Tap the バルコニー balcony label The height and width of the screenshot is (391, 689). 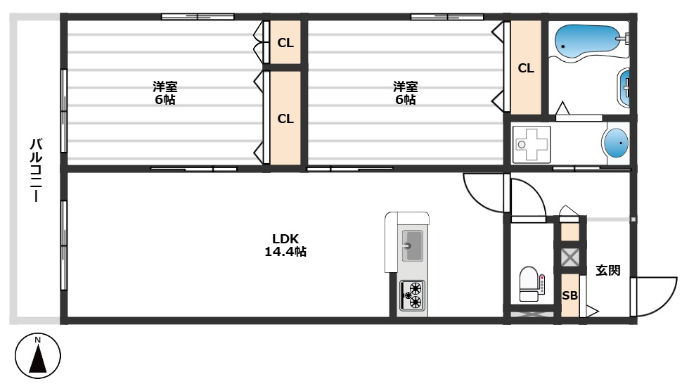click(34, 170)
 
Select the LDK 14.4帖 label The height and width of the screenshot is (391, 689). click(285, 245)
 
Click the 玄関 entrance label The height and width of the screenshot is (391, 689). click(608, 270)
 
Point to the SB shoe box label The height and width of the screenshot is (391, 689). click(569, 296)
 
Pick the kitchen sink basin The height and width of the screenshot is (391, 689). click(411, 245)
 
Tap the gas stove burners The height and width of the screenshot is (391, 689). click(412, 295)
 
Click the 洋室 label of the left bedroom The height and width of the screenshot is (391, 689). click(166, 86)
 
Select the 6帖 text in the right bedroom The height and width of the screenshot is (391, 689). click(405, 100)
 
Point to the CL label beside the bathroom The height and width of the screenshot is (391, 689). click(526, 68)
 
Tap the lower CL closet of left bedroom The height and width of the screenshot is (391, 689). click(285, 119)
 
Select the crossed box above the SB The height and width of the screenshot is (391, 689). click(569, 257)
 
